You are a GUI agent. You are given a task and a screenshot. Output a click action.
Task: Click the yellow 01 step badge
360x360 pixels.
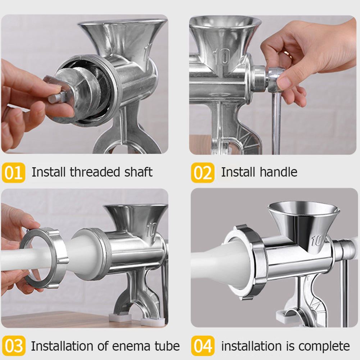click(13, 173)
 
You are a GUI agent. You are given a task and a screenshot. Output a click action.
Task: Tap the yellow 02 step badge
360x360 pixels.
click(202, 173)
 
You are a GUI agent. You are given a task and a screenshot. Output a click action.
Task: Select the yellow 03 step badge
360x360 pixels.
click(13, 346)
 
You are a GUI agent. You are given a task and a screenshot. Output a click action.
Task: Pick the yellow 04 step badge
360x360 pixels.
click(202, 346)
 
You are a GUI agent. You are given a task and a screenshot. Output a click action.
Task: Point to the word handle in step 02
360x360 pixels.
click(279, 172)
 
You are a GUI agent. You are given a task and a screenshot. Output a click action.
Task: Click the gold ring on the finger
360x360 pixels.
click(288, 54)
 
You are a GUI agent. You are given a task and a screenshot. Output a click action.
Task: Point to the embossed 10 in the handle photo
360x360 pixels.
click(220, 56)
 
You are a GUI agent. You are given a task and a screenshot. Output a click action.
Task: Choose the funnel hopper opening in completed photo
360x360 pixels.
click(303, 209)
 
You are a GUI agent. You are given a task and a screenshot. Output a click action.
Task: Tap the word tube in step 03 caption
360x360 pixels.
click(167, 346)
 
